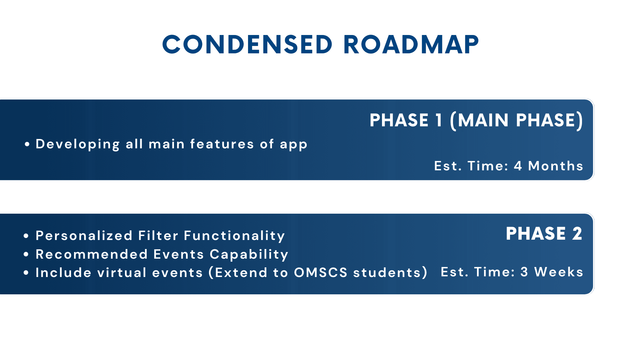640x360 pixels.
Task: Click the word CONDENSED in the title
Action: (247, 45)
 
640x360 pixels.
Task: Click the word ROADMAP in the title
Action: (411, 45)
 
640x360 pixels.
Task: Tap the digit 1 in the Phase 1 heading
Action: (439, 120)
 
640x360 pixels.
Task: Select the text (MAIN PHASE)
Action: (516, 121)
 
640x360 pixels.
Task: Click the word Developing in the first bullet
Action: (78, 144)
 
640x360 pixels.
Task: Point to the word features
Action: (222, 144)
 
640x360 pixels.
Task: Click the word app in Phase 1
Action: (293, 145)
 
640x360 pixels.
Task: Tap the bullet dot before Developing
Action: (27, 144)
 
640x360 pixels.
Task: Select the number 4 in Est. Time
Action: (518, 166)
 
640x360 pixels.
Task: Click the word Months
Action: (556, 166)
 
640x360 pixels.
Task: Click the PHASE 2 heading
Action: (544, 234)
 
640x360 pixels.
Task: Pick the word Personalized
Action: (84, 236)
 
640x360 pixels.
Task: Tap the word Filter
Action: (158, 236)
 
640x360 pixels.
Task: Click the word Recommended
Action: (92, 254)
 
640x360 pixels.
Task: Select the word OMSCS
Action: (321, 273)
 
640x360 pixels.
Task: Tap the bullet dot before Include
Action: (26, 273)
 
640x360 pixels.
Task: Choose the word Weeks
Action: (559, 272)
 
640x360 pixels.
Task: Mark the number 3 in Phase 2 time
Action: (524, 272)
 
